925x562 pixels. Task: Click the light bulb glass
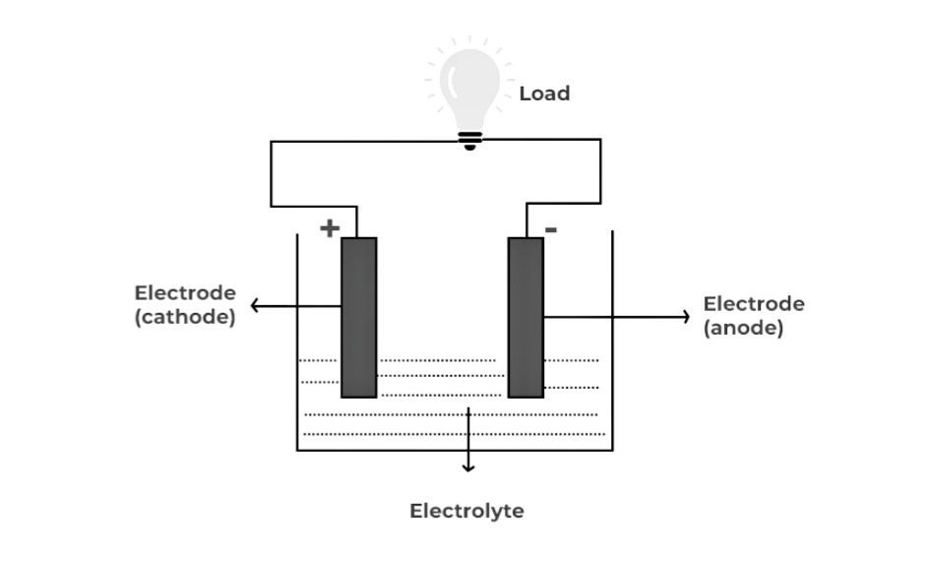[x=469, y=84]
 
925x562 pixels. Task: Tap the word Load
[x=544, y=94]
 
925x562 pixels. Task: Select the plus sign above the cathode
[x=330, y=228]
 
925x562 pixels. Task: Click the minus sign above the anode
[x=551, y=230]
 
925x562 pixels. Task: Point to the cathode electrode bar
[x=359, y=317]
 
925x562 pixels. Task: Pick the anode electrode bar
[x=525, y=317]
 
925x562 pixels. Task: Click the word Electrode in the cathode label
[x=185, y=293]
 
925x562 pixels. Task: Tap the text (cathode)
[x=185, y=317]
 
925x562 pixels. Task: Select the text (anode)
[x=744, y=328]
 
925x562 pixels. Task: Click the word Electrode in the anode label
[x=754, y=304]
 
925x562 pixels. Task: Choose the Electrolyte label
[x=466, y=511]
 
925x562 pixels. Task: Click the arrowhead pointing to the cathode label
[x=255, y=306]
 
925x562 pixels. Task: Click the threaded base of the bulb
[x=470, y=140]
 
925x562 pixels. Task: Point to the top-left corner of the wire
[x=272, y=141]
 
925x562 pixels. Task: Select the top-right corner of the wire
[x=600, y=140]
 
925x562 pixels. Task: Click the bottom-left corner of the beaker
[x=298, y=450]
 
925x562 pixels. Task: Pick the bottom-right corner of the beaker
[x=612, y=450]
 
